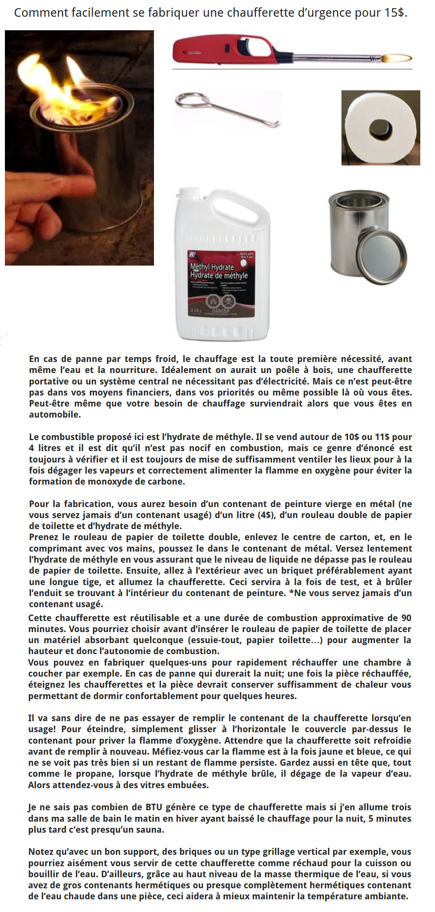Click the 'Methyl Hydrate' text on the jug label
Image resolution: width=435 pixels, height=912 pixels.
(212, 267)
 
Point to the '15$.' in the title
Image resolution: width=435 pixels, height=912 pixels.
(396, 13)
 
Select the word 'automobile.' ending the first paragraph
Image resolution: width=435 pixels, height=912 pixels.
(55, 414)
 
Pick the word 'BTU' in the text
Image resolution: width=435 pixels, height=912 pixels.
(154, 807)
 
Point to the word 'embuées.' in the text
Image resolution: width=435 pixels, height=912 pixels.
(190, 785)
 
